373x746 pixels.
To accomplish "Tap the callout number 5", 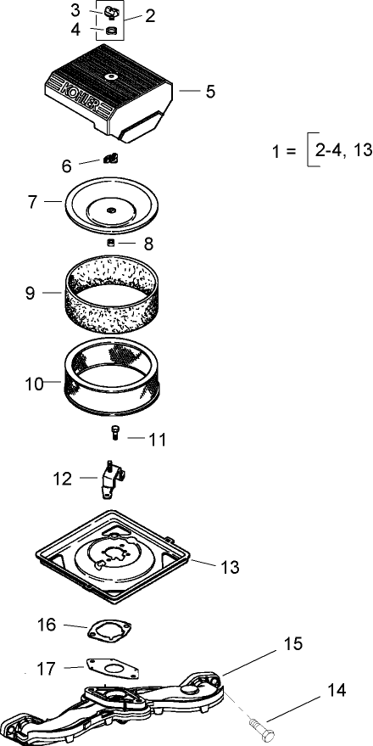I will click(210, 91).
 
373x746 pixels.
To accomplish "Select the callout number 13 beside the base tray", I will click(230, 566).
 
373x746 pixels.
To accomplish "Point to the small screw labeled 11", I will click(114, 433).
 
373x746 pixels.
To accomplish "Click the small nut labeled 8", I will click(110, 244).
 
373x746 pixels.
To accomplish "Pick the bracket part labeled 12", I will click(110, 482).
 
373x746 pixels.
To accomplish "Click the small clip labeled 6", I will click(109, 159).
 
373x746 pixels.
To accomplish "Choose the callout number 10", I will click(34, 384).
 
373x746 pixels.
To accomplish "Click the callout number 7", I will click(32, 202).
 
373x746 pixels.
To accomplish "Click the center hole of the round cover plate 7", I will click(111, 209).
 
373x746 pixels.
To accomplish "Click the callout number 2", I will click(150, 15).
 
